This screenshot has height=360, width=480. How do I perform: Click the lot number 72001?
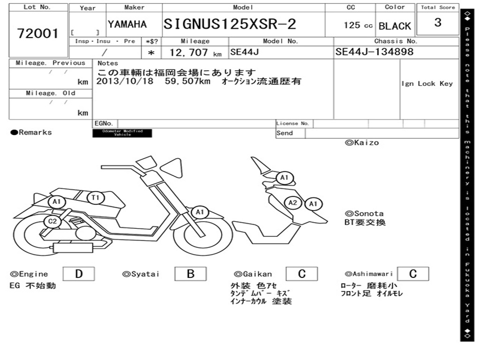(x=38, y=33)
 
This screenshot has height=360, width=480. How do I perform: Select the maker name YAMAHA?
(x=127, y=24)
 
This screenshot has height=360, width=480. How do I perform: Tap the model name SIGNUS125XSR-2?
(x=230, y=24)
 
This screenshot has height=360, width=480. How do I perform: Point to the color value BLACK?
(x=395, y=26)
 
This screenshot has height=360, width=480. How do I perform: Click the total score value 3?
(x=437, y=22)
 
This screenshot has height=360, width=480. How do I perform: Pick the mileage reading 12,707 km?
(x=195, y=52)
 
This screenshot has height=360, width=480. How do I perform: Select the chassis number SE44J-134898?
(x=375, y=52)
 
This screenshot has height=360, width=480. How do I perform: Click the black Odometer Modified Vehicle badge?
(x=122, y=133)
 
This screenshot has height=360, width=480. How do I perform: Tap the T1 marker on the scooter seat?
(x=95, y=198)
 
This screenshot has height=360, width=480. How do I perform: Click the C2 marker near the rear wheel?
(x=52, y=221)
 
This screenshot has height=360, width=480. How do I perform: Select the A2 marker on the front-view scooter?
(x=293, y=202)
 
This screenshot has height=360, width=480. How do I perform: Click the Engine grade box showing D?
(x=78, y=274)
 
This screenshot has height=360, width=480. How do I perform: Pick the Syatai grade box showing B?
(x=190, y=274)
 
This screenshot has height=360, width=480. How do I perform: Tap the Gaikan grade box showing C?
(x=301, y=274)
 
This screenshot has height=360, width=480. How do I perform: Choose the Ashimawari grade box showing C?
(x=412, y=274)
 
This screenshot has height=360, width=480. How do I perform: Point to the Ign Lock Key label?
(x=427, y=83)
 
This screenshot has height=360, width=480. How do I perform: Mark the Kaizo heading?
(x=362, y=142)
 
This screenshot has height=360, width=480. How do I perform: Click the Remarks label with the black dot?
(x=31, y=133)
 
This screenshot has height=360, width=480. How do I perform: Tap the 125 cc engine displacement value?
(x=358, y=25)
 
